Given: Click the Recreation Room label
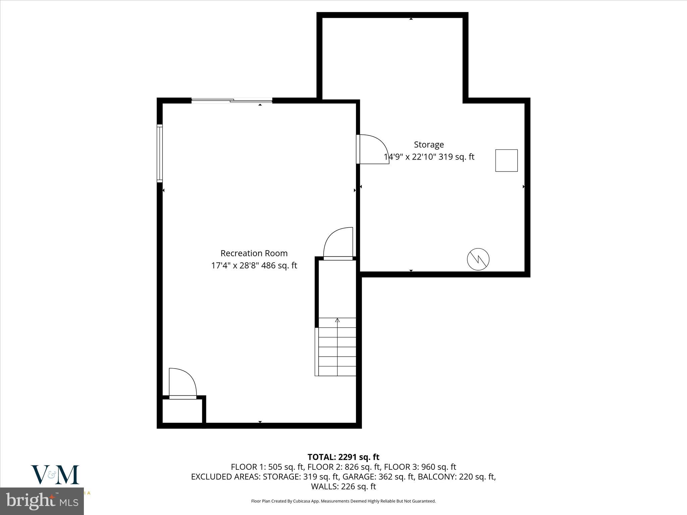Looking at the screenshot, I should click(x=254, y=253).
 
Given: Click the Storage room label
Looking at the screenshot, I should click(x=429, y=145).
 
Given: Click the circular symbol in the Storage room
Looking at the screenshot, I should click(x=478, y=259).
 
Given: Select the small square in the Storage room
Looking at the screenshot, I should click(x=506, y=161).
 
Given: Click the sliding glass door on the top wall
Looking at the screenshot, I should click(x=232, y=100).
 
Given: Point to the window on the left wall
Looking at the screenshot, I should click(x=160, y=154).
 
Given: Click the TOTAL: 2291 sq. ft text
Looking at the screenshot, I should click(x=343, y=457).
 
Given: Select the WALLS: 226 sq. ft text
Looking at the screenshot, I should click(x=343, y=486).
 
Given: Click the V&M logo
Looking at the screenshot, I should click(x=55, y=474).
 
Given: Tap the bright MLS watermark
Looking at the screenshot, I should click(x=42, y=501).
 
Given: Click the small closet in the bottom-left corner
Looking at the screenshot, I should click(x=182, y=411).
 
